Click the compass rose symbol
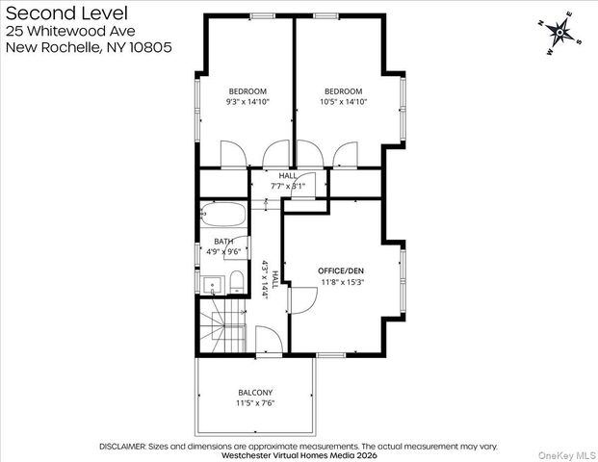coord(559,33)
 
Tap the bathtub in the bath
coord(223,215)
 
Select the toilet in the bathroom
coord(237,282)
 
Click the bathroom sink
coord(212,285)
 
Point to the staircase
coord(223,326)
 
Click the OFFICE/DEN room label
coord(341,271)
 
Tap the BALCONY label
coord(255,393)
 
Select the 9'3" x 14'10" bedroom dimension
coord(247,102)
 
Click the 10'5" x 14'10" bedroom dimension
coord(343,102)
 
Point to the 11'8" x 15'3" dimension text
coord(343,282)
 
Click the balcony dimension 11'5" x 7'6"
coord(255,403)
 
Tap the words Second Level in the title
coord(66,13)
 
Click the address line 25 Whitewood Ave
coord(70,31)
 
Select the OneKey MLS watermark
coord(567,455)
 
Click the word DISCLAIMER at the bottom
coord(122,447)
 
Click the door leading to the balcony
coord(269,341)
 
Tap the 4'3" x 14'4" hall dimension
coord(266,279)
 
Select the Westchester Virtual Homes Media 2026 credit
coord(299,455)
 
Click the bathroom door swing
coord(237,247)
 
